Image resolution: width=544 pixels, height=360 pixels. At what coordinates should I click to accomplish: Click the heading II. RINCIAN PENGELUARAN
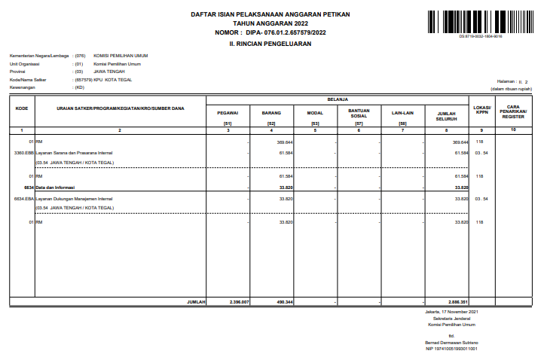[x=270, y=44]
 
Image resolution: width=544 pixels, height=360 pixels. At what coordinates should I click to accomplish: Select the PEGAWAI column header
[x=228, y=112]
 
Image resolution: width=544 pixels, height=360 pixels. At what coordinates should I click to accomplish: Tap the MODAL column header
[x=315, y=112]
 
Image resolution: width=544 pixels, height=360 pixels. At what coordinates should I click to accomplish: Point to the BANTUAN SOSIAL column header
[x=359, y=112]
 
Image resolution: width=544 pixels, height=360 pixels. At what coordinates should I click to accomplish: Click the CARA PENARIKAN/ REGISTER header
[x=513, y=111]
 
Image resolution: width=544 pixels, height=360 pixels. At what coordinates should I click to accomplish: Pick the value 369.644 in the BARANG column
[x=285, y=142]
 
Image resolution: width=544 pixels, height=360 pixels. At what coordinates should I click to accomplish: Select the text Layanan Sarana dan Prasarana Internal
[x=71, y=153]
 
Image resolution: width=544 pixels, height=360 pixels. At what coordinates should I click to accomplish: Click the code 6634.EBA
[x=23, y=199]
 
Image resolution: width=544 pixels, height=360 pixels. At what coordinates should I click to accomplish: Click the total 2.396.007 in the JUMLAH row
[x=239, y=301]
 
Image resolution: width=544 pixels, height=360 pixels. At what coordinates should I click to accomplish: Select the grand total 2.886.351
[x=458, y=301]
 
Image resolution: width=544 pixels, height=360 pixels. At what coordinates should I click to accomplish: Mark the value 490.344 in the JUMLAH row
[x=284, y=301]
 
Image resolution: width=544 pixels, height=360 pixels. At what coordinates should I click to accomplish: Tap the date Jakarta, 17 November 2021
[x=451, y=310]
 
